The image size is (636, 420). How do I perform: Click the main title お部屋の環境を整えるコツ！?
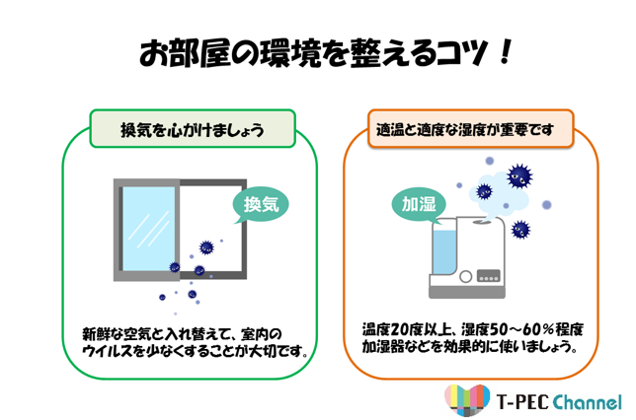pos(326,52)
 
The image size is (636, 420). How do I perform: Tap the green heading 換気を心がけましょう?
pos(193,130)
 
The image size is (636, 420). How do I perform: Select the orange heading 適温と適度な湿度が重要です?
pos(465,129)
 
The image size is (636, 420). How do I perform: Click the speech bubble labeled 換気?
pos(261,204)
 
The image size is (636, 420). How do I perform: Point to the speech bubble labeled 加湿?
pos(418,204)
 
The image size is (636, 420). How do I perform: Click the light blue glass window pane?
pos(148,229)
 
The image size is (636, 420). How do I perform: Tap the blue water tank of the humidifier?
pos(444,251)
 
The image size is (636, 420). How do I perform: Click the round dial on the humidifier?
pos(466,277)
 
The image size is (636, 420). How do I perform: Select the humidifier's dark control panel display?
pos(489,276)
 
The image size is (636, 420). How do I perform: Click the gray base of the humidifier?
pos(467,293)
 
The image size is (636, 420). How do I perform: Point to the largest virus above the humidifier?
pos(519,175)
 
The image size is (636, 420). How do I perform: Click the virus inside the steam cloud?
pos(484,191)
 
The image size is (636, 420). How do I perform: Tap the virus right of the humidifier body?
pos(520,230)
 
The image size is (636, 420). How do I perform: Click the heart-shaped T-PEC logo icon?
pos(467,400)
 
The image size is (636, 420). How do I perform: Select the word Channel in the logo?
pos(587,402)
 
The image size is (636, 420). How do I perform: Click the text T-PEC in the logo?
pos(522,402)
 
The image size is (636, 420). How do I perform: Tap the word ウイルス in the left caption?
pos(107,350)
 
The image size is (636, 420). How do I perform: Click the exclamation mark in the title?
pos(506,52)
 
